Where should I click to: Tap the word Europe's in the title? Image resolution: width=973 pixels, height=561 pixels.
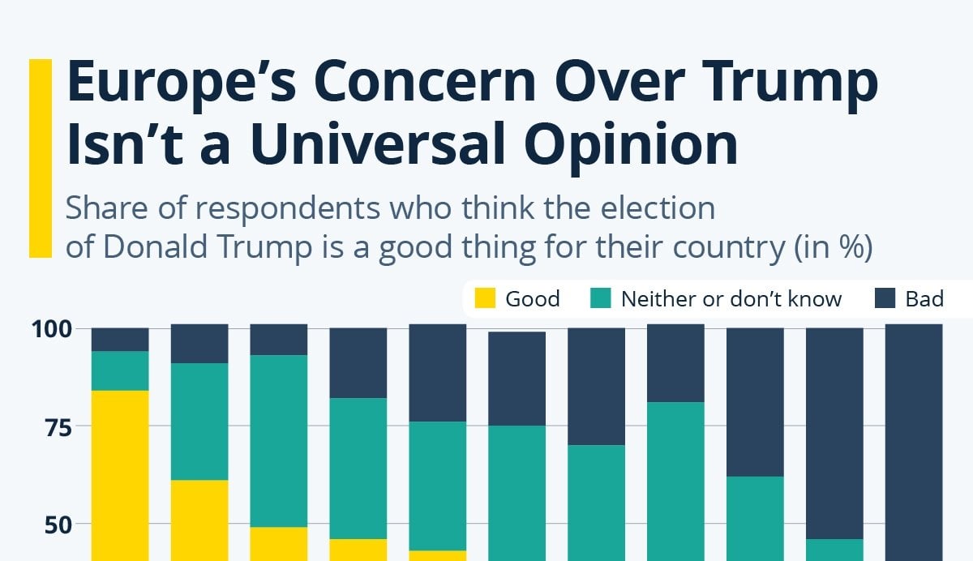tap(183, 83)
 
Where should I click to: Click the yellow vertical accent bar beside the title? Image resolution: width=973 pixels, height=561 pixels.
tap(40, 158)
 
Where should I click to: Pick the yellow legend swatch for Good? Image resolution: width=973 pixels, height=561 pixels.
tap(485, 299)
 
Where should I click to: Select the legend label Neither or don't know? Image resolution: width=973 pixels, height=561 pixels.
tap(731, 299)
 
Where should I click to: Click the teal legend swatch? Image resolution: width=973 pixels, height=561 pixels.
tap(600, 299)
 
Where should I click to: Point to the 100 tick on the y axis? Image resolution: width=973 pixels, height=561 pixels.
tap(54, 329)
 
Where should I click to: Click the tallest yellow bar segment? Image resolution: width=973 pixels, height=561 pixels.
tap(120, 474)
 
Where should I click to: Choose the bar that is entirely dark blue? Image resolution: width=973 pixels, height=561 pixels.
tap(914, 442)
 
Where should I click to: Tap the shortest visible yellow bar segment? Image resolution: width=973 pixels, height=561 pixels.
tap(438, 555)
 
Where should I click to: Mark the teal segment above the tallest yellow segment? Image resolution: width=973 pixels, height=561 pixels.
tap(120, 370)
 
